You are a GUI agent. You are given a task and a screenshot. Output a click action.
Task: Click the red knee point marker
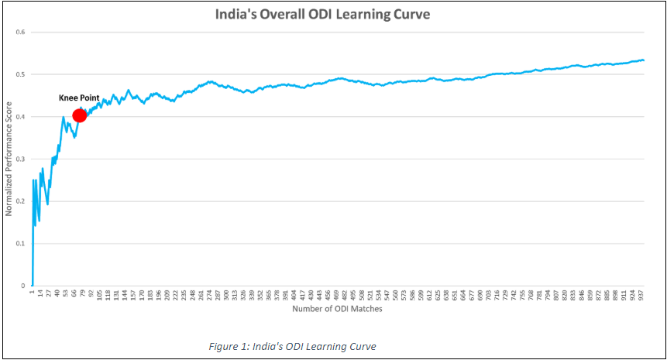click(x=79, y=115)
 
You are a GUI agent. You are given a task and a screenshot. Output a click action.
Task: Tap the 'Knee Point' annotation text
click(x=79, y=98)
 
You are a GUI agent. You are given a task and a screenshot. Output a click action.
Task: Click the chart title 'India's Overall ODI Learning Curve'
click(x=334, y=14)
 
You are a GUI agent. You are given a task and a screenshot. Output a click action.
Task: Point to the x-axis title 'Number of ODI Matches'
click(x=337, y=309)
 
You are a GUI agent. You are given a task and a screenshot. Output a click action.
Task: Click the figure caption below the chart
click(x=294, y=346)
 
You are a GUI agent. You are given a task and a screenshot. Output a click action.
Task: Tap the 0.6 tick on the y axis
click(x=22, y=33)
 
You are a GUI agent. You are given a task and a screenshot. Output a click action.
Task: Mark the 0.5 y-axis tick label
click(x=22, y=75)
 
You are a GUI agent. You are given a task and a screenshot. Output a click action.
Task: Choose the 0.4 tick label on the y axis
click(x=22, y=117)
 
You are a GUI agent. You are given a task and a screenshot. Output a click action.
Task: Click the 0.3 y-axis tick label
click(x=22, y=159)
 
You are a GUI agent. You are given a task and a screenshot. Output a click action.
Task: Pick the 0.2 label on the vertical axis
click(x=22, y=201)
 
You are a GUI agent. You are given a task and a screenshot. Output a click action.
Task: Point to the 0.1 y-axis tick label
click(x=22, y=244)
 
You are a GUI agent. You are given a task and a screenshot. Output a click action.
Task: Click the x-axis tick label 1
click(x=33, y=292)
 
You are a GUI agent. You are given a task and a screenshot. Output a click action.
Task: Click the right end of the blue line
click(x=644, y=60)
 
